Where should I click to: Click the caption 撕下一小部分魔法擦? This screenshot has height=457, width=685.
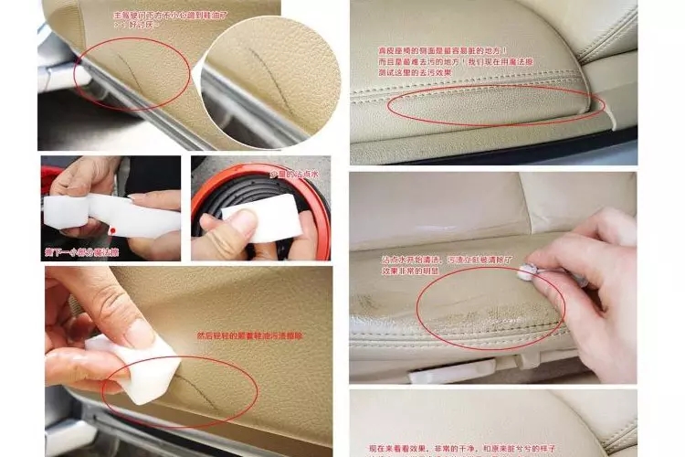click(x=83, y=250)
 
